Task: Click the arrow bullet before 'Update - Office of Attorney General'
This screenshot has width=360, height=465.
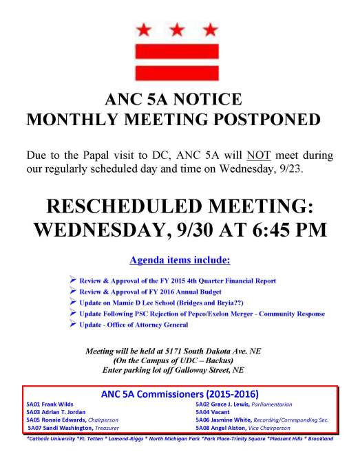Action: [x=74, y=323]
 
